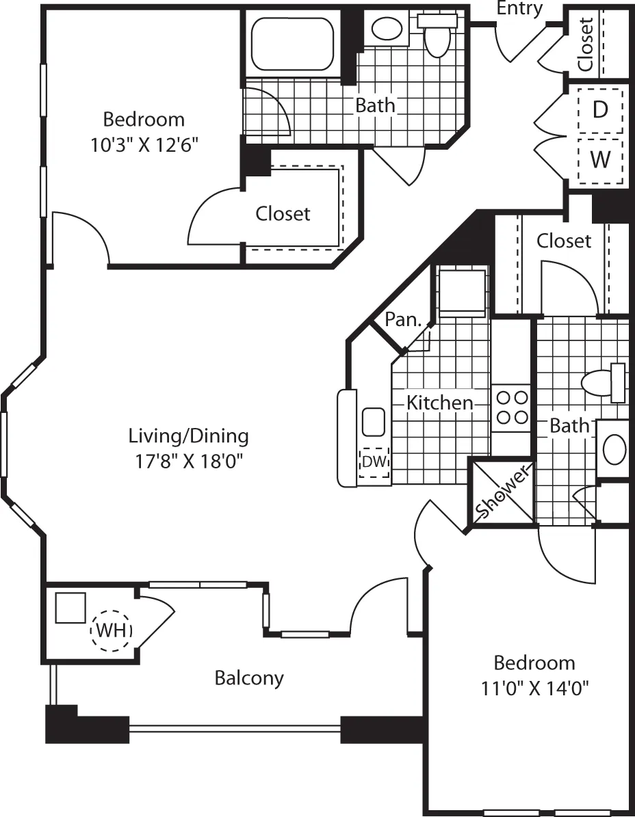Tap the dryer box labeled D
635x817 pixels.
600,109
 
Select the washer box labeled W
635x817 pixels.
600,161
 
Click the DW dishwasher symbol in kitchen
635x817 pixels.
374,462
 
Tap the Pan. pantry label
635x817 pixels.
402,319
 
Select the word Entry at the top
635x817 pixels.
519,8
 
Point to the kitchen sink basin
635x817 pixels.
374,421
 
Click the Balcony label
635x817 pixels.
249,678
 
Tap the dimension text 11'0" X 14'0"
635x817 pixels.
534,687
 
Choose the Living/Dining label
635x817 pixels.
189,436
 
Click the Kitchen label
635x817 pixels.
440,403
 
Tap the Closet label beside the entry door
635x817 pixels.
585,44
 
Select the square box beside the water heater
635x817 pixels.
70,608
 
